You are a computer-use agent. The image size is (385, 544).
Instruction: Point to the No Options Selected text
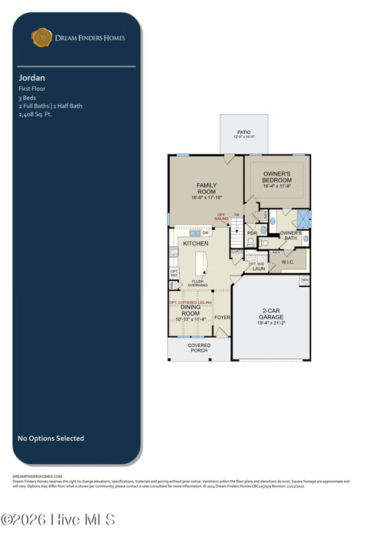tap(51, 439)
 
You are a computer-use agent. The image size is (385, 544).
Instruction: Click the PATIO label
tap(243, 132)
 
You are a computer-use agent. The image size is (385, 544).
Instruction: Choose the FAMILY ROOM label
tap(206, 189)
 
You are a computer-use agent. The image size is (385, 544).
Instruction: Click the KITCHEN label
tap(196, 243)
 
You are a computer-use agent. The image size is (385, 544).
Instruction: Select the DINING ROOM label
tap(190, 310)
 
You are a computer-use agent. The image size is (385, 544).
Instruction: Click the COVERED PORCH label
tap(199, 348)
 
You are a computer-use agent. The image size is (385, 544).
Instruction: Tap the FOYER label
tap(223, 317)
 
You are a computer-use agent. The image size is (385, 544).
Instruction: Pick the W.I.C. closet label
tap(288, 262)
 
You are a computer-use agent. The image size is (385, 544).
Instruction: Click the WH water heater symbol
tap(305, 280)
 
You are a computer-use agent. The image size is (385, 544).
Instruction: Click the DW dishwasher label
tap(206, 232)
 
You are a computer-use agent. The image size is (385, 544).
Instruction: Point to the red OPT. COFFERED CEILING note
tap(190, 302)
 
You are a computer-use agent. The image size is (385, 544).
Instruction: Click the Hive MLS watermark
tap(58, 520)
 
